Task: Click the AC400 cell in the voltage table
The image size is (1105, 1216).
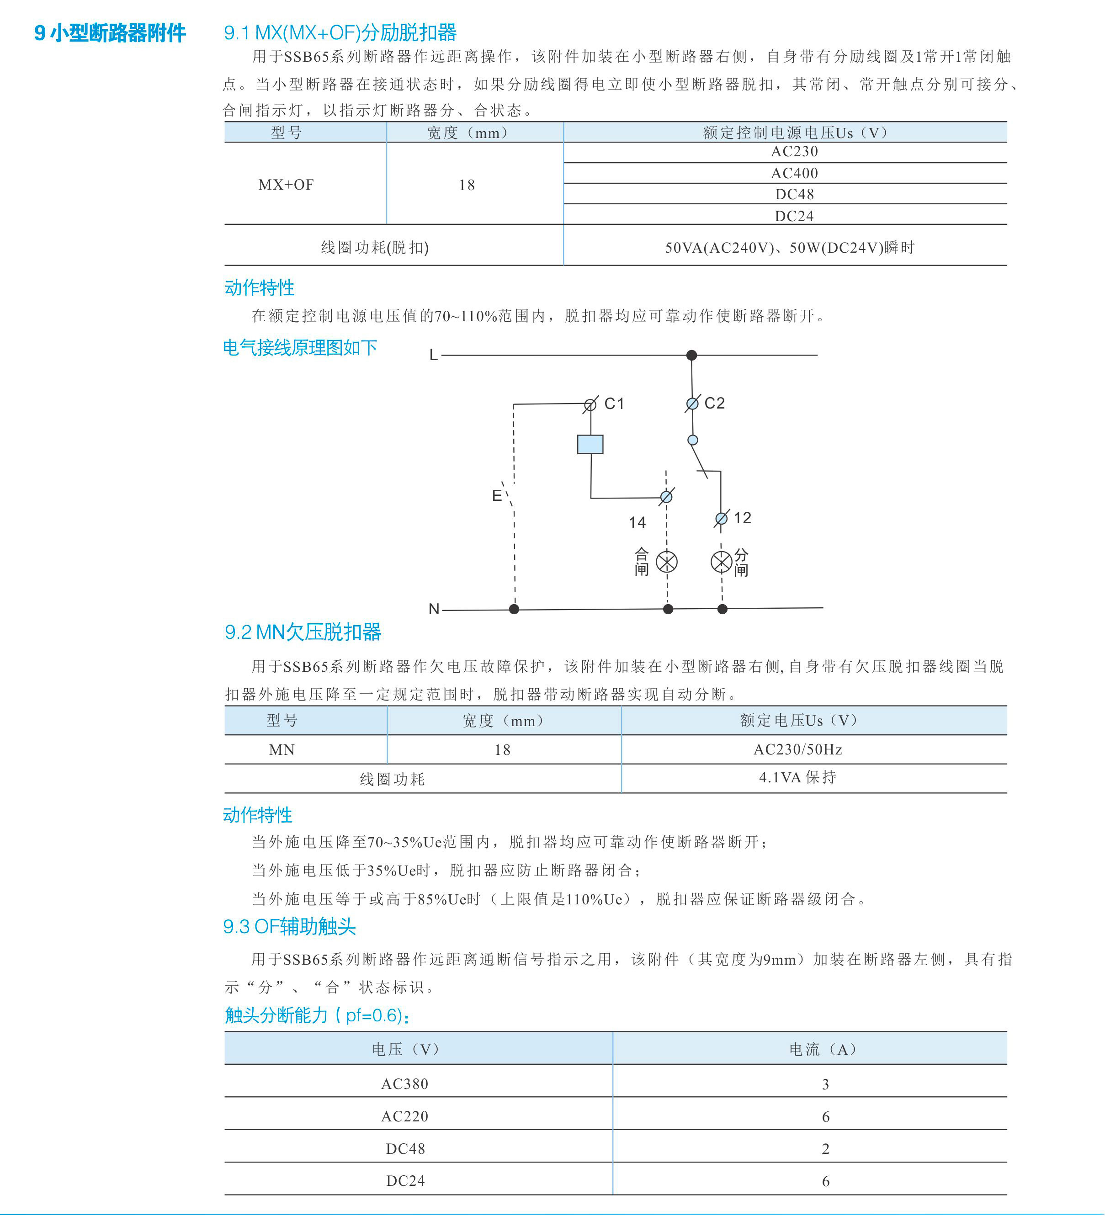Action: click(794, 173)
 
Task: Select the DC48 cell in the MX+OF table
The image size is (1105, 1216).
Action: click(794, 194)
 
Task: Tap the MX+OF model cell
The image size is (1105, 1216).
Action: click(286, 185)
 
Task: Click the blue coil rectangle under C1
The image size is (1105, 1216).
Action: click(590, 444)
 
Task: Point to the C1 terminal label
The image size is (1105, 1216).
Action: click(614, 404)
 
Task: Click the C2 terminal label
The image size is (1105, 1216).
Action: click(714, 403)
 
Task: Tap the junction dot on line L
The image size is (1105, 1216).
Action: click(692, 355)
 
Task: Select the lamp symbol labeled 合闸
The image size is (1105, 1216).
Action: click(666, 562)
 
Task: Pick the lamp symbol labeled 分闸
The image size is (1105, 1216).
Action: click(722, 562)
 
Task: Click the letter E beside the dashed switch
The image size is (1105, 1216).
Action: click(496, 496)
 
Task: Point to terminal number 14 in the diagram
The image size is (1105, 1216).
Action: click(637, 522)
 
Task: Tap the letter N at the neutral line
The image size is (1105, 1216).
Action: click(434, 609)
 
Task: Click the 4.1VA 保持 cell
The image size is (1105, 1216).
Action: click(797, 777)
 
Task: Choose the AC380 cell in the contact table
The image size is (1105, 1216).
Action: click(405, 1084)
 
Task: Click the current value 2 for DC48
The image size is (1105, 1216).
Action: click(825, 1148)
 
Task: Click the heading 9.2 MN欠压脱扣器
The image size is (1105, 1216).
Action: click(303, 632)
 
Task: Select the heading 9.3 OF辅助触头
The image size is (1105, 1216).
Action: click(290, 926)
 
